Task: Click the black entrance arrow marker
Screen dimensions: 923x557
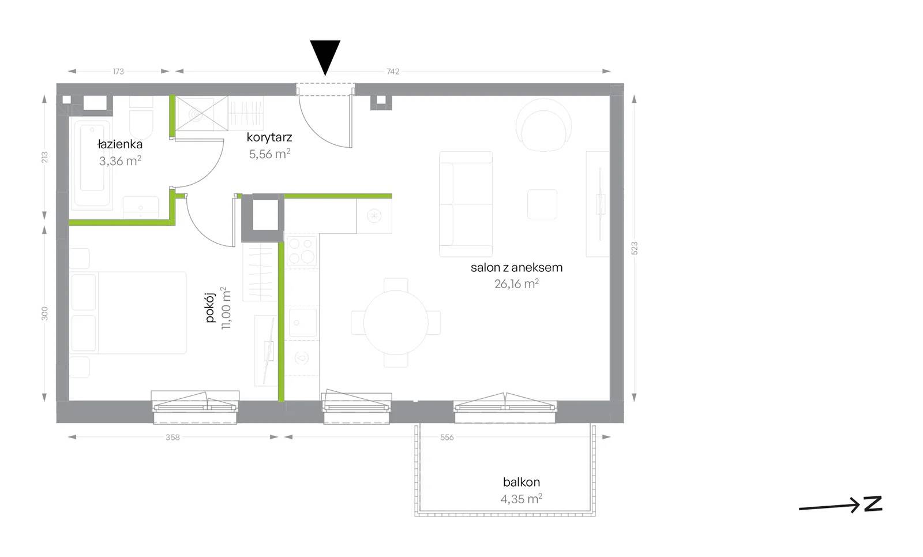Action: pyautogui.click(x=325, y=55)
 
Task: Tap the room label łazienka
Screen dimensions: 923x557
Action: pyautogui.click(x=120, y=144)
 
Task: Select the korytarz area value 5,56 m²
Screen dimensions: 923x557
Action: pyautogui.click(x=269, y=154)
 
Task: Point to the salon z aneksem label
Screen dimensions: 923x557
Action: pyautogui.click(x=516, y=268)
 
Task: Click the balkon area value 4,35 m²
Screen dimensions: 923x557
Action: pyautogui.click(x=521, y=499)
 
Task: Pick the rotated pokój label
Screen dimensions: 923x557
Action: pyautogui.click(x=210, y=308)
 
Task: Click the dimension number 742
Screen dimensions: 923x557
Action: pyautogui.click(x=393, y=72)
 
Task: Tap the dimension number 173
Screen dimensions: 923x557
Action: pyautogui.click(x=118, y=72)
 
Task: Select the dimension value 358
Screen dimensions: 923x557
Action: pyautogui.click(x=172, y=437)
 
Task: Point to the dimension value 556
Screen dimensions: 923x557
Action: pyautogui.click(x=447, y=437)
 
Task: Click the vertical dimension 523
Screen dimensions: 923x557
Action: pyautogui.click(x=635, y=248)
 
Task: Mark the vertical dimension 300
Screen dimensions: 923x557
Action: pyautogui.click(x=44, y=313)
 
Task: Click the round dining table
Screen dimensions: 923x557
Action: pyautogui.click(x=396, y=323)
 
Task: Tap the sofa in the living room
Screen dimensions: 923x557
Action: pyautogui.click(x=466, y=204)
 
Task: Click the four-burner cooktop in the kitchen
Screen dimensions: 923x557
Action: pyautogui.click(x=302, y=251)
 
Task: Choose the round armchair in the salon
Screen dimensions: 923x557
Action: pyautogui.click(x=543, y=125)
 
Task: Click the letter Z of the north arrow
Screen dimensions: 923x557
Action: pyautogui.click(x=873, y=504)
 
